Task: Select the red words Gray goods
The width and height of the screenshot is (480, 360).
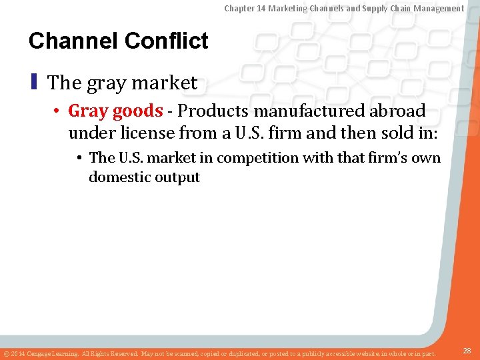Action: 115,110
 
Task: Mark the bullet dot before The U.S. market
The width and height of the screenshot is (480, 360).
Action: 79,159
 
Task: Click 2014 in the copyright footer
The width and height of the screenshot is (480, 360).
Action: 18,353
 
